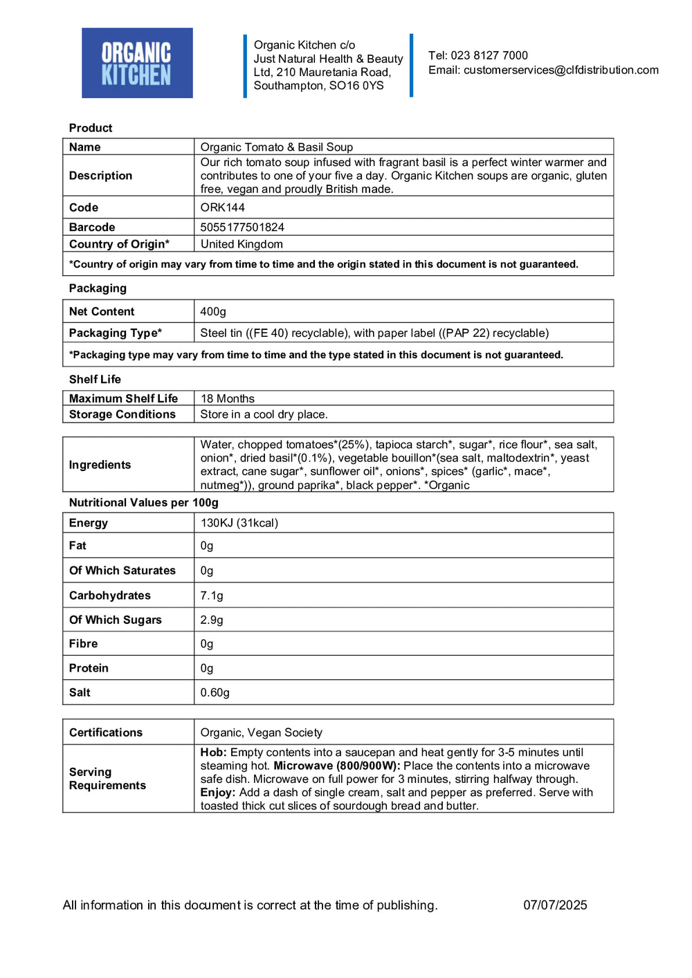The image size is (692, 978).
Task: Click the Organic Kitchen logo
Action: (x=137, y=63)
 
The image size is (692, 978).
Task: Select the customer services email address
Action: (x=561, y=70)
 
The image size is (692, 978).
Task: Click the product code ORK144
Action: (x=222, y=207)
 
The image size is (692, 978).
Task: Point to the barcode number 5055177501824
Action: (x=242, y=227)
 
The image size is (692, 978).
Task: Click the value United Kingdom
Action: (x=242, y=244)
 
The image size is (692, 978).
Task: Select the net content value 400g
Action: (x=213, y=312)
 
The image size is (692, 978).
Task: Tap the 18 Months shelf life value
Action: (x=228, y=398)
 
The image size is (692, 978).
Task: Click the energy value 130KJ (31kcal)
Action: (x=239, y=523)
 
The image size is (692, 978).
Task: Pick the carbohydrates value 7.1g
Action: (x=212, y=596)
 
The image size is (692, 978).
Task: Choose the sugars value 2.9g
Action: (x=212, y=620)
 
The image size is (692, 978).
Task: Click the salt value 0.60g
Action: (x=215, y=692)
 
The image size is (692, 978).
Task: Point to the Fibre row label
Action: (x=83, y=644)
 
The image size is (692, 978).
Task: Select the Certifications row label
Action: (x=106, y=732)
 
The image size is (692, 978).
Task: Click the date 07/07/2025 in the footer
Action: (x=555, y=905)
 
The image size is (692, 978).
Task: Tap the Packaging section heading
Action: (x=98, y=288)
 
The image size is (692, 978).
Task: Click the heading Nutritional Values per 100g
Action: (x=143, y=503)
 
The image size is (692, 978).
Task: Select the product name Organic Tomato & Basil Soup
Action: (x=277, y=147)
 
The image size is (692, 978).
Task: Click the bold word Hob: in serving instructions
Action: (x=213, y=753)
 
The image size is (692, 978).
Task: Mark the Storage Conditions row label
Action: (x=122, y=414)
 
